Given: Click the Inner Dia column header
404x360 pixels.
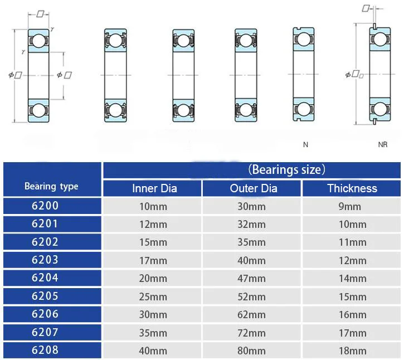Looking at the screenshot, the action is [154, 188].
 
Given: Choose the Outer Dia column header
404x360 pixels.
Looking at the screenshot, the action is [253, 188].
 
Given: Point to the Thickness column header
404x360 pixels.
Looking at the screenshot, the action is [352, 188].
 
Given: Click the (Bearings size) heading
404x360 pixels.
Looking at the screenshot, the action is [286, 169].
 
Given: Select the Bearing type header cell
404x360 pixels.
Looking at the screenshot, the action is [51, 186].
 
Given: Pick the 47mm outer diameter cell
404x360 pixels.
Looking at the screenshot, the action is [252, 279].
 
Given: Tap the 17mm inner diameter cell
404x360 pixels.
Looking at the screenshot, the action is [153, 260].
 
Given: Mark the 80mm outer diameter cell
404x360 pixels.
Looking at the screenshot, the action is [252, 351].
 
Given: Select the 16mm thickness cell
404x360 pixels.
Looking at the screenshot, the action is [353, 315].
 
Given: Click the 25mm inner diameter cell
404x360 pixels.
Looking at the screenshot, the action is [153, 296].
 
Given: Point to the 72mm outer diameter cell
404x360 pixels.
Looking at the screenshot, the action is [252, 333].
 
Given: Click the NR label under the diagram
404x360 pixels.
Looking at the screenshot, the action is [383, 145].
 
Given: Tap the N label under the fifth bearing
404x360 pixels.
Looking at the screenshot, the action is [305, 145].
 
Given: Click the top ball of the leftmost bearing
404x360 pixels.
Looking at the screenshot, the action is [38, 41].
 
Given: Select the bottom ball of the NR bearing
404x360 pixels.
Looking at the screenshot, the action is [379, 109].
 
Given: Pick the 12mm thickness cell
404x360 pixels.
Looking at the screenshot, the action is [353, 261].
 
